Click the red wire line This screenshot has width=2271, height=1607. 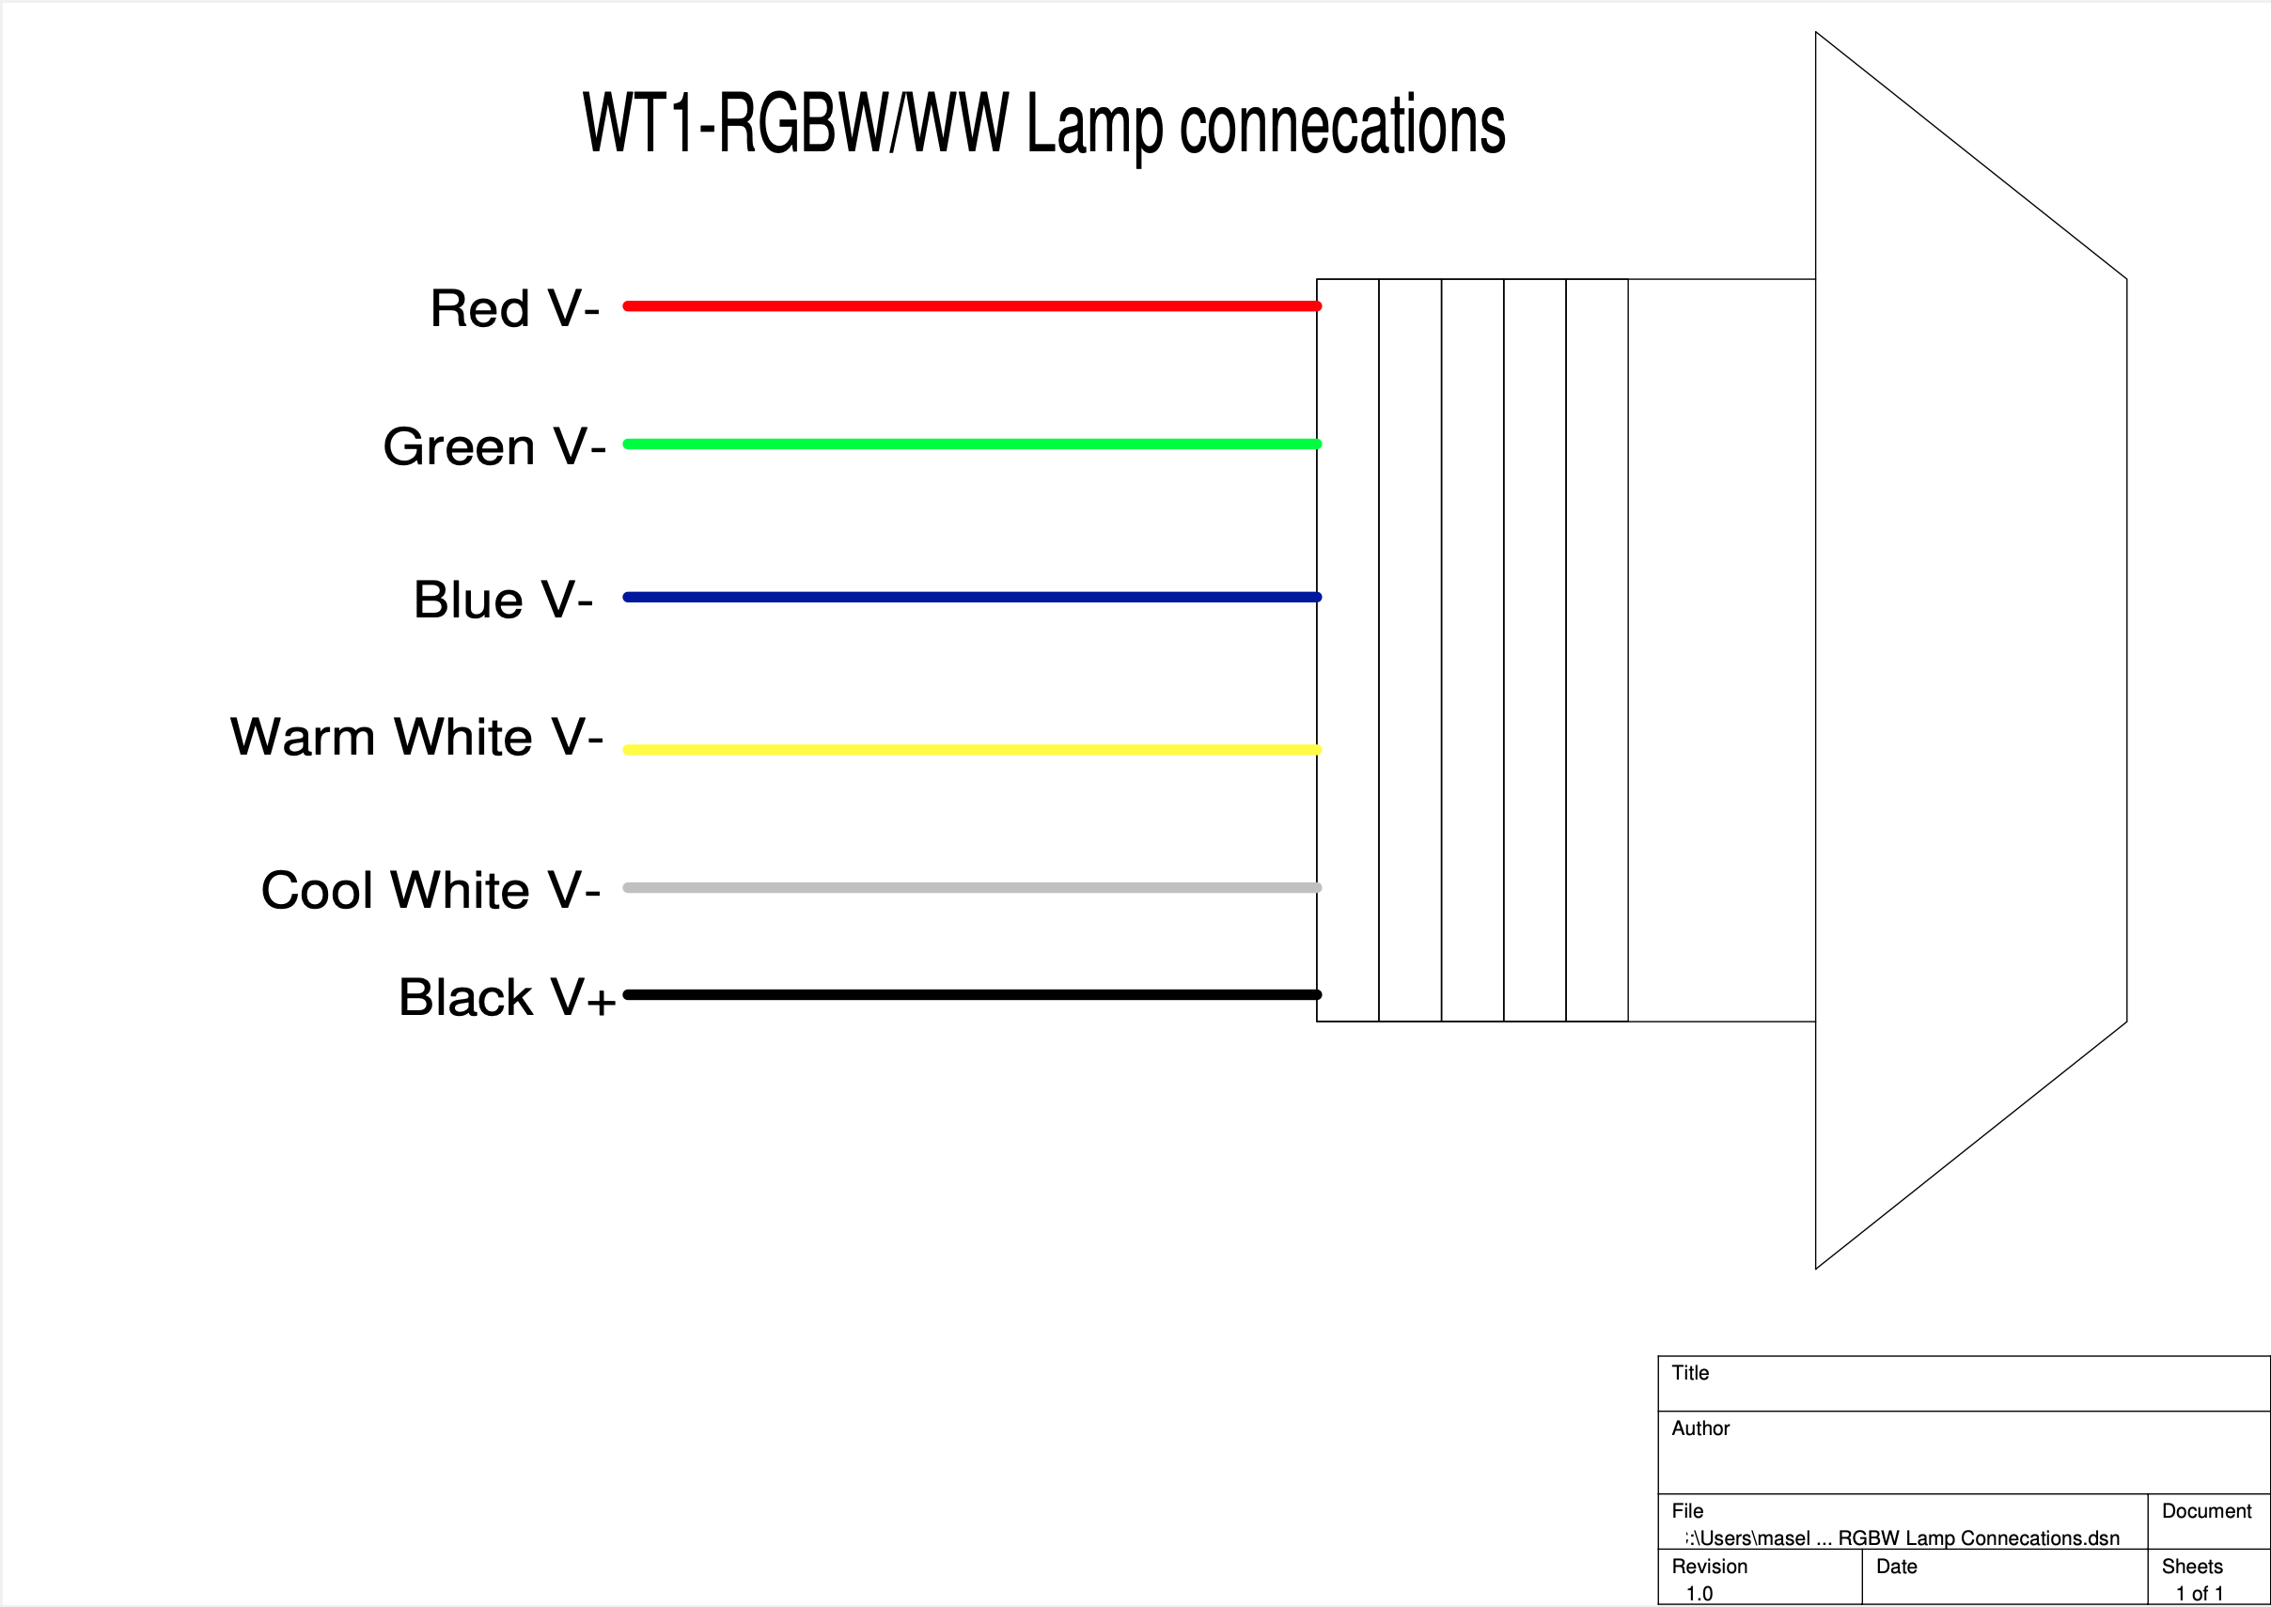coord(970,305)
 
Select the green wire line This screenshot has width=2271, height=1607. coord(970,444)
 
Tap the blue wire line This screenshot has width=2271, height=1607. coord(970,597)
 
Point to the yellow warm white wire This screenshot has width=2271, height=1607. coord(970,749)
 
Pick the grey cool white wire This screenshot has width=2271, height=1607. coord(970,886)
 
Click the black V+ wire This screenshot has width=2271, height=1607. coord(970,993)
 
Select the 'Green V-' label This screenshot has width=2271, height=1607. coord(493,446)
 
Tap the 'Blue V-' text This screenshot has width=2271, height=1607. coord(503,600)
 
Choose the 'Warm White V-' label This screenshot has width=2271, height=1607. coord(416,737)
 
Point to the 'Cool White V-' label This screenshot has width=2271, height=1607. coord(431,890)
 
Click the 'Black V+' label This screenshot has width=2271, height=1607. coord(507,996)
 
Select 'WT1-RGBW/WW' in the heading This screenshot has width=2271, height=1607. coord(795,123)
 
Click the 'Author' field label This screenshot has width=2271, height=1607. coord(1700,1428)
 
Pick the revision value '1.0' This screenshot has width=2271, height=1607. coord(1699,1593)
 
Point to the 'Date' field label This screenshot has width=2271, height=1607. coord(1896,1567)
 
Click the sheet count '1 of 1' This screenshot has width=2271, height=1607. coord(2199,1593)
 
